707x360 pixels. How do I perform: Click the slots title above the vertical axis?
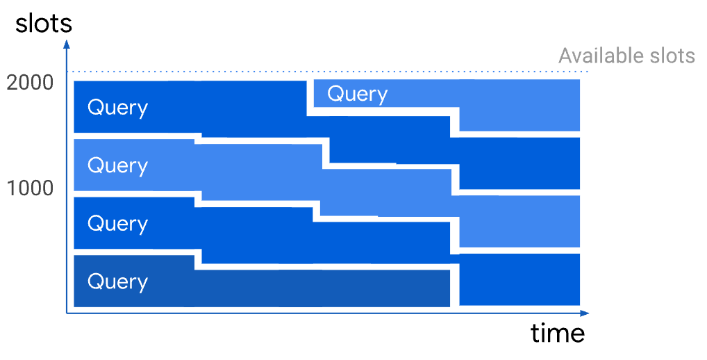[44, 24]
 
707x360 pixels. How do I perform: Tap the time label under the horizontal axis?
[558, 333]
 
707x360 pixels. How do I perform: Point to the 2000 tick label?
[30, 83]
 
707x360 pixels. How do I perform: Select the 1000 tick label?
[30, 188]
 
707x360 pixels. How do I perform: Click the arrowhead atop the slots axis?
[67, 44]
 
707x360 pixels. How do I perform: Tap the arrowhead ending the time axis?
[585, 313]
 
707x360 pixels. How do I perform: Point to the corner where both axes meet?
[67, 312]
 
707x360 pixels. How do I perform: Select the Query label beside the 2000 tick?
[117, 108]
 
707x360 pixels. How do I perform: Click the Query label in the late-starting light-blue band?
[358, 95]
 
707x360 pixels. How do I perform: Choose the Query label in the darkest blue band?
[117, 282]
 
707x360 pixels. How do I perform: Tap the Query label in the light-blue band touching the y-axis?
[117, 165]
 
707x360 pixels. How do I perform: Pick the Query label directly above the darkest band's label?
[117, 224]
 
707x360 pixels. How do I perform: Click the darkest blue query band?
[262, 288]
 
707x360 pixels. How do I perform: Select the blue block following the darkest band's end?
[519, 279]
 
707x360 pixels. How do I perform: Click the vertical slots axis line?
[67, 178]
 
